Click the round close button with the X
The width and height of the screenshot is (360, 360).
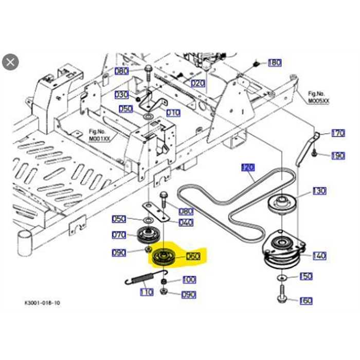11,62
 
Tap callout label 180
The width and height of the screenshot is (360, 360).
275,63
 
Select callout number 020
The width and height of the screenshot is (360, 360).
198,83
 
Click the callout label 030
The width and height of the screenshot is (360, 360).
121,95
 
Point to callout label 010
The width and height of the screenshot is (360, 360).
173,113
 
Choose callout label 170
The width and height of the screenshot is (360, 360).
338,133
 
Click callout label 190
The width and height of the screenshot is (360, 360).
338,156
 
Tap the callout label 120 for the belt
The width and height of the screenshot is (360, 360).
248,167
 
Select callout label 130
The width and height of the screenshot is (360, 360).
319,191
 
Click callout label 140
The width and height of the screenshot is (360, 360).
319,256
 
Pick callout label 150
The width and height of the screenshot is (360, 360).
306,277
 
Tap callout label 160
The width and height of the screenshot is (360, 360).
306,300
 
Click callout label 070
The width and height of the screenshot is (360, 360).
119,236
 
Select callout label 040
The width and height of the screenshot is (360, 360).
186,222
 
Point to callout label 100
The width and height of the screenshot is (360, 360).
189,280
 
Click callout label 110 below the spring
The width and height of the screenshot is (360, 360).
147,292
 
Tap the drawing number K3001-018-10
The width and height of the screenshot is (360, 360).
42,303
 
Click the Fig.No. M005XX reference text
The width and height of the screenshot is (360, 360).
318,98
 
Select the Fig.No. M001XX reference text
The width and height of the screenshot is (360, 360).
100,135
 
